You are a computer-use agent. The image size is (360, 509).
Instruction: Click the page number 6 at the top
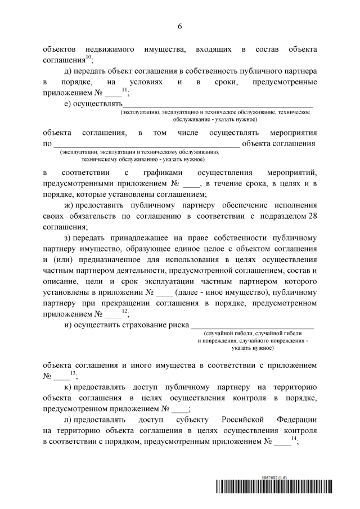pyautogui.click(x=180, y=26)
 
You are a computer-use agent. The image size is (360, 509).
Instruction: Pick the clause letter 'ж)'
pyautogui.click(x=70, y=206)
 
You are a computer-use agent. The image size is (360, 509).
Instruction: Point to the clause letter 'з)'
pyautogui.click(x=69, y=240)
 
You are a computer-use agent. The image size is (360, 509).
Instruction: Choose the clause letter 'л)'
pyautogui.click(x=69, y=420)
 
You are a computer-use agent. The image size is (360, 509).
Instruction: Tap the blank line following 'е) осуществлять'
pyautogui.click(x=218, y=104)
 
